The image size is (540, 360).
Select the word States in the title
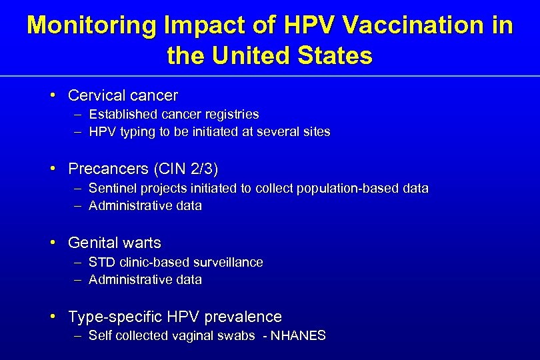click(334, 55)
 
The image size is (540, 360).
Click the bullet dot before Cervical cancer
click(53, 95)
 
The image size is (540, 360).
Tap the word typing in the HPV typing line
click(137, 132)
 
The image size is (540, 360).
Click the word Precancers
click(108, 169)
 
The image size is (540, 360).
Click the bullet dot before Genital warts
click(53, 243)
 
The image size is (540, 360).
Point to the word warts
click(140, 243)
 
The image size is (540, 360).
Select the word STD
click(101, 263)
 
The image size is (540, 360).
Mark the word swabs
click(236, 336)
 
